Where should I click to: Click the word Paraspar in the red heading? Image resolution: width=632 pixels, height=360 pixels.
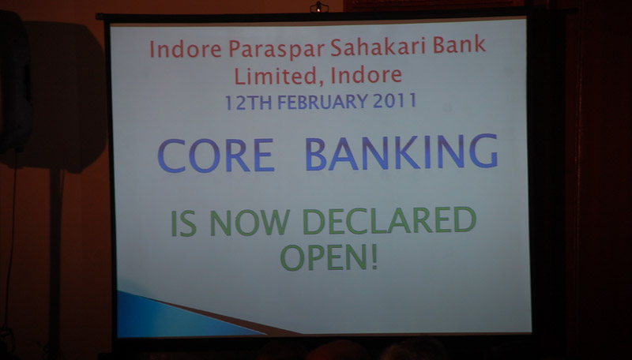point(276,49)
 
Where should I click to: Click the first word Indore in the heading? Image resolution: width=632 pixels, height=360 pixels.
point(186,49)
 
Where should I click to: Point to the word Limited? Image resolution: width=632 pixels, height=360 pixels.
point(276,77)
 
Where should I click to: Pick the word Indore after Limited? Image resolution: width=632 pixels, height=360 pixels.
point(367,75)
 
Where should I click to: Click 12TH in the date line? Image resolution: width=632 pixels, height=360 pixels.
point(248,103)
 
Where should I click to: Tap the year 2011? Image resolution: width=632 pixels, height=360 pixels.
point(394,101)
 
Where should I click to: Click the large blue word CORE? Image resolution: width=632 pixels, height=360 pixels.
point(216,156)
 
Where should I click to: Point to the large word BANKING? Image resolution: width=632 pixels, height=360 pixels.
point(401,152)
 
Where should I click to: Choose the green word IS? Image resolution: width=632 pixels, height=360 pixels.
point(184,223)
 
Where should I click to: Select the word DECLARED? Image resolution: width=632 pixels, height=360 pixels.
point(389,220)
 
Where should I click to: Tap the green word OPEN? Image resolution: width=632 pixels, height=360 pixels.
point(323,257)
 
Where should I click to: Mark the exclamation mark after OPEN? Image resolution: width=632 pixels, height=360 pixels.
point(374,257)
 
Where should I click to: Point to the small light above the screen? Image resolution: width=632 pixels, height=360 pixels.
point(319,7)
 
